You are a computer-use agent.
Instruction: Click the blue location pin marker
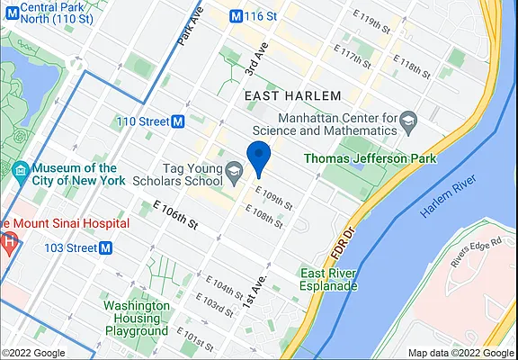259,157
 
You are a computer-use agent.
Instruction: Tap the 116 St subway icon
237,16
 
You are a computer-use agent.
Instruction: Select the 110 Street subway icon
178,121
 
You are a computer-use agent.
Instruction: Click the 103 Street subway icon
105,247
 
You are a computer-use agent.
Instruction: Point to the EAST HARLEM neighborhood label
292,95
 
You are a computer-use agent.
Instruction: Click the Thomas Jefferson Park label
370,159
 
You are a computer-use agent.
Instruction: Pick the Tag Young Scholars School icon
234,169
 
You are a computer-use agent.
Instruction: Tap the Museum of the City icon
20,169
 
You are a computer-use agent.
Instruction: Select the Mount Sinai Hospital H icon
8,241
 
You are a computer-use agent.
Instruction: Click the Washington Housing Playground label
137,318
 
